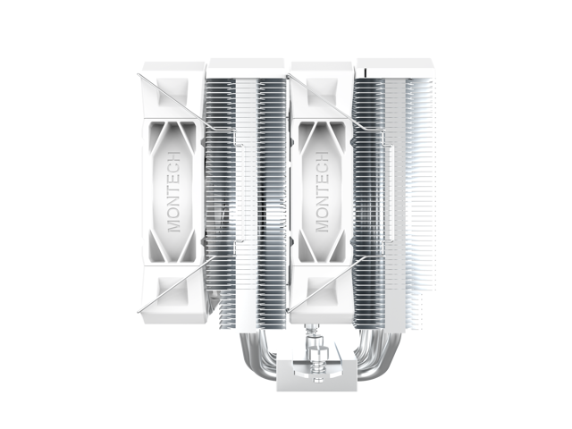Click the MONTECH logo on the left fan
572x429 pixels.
(174, 191)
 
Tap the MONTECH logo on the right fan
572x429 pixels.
(322, 191)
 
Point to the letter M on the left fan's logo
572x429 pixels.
(174, 225)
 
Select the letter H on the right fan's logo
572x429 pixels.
(322, 156)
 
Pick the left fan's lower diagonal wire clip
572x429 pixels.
(175, 284)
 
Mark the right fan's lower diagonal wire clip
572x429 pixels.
(324, 284)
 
